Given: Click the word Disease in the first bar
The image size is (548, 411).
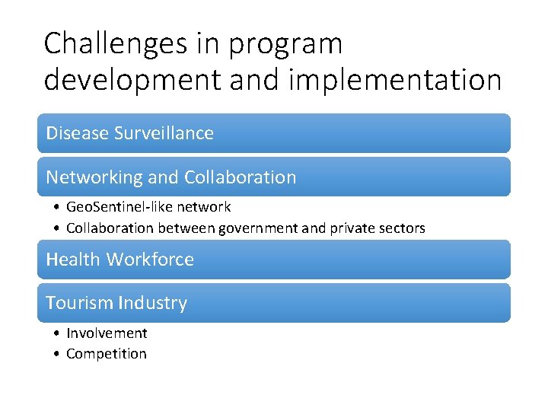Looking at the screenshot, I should [x=77, y=133].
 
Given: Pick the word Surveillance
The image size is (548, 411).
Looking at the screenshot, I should [x=164, y=133].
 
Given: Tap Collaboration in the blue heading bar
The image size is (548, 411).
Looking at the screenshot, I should [x=240, y=177].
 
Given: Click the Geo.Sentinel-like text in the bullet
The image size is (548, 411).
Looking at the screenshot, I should [x=123, y=207].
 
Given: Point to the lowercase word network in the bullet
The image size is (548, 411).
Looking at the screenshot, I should [x=206, y=207].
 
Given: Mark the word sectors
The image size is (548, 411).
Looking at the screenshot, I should [x=403, y=228].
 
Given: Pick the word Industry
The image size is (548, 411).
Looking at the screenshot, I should [x=151, y=303].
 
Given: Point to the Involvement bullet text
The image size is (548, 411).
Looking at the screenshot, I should [x=107, y=333].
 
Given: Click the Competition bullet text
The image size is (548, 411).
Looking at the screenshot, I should [x=107, y=354].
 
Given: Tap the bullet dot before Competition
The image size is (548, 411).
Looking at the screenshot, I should [x=58, y=354].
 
